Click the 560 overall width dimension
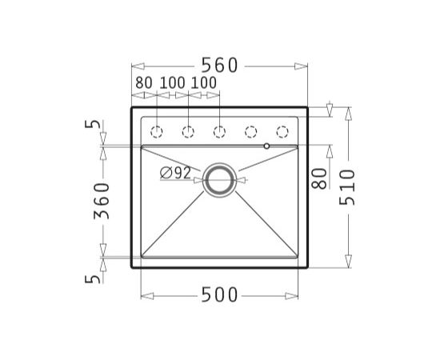click(219, 65)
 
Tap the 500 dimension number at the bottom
click(219, 295)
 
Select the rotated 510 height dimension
click(347, 187)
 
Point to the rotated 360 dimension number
click(102, 201)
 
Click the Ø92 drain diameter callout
click(175, 173)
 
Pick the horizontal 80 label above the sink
click(144, 82)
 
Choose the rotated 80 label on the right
click(319, 178)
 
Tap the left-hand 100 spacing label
click(172, 82)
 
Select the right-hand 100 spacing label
click(204, 82)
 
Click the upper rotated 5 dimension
click(92, 124)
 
